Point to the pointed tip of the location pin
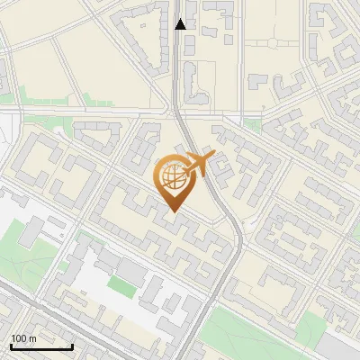pyautogui.click(x=173, y=211)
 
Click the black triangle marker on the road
pyautogui.click(x=180, y=24)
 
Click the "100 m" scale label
pyautogui.click(x=23, y=338)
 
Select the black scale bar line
pyautogui.click(x=41, y=346)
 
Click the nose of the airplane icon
pyautogui.click(x=214, y=156)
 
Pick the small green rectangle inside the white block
pyautogui.click(x=121, y=285)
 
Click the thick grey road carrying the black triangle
pyautogui.click(x=177, y=72)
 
